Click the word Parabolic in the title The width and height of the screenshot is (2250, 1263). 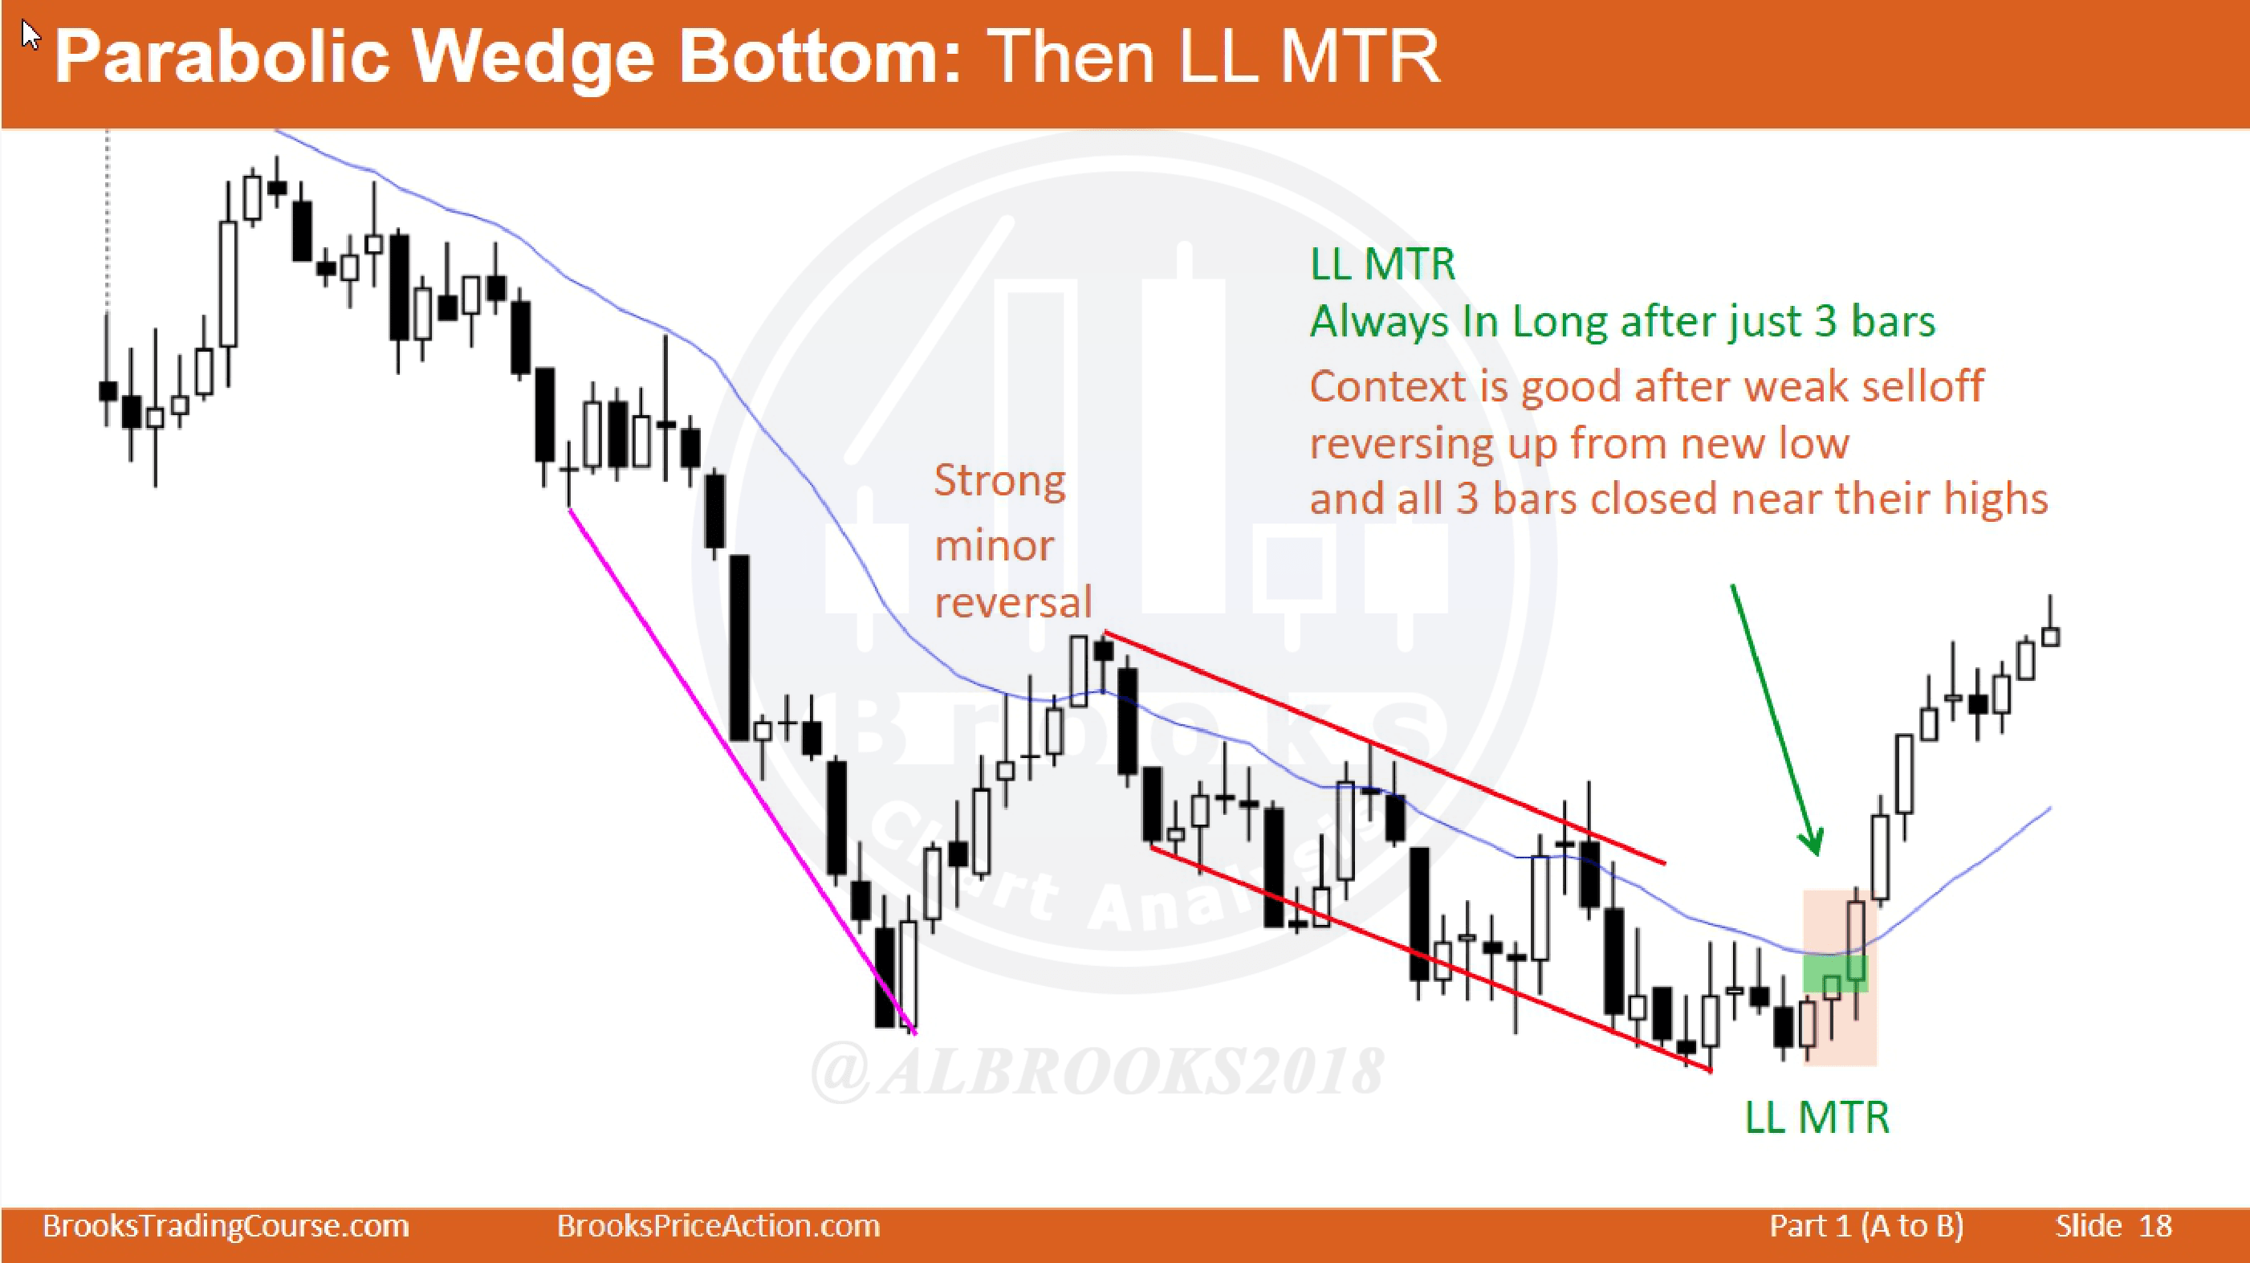coord(222,57)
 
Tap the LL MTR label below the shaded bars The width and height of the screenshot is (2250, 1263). coord(1817,1117)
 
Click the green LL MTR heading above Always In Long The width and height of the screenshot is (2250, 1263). coord(1382,264)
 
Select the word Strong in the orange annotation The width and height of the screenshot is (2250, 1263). coord(1000,480)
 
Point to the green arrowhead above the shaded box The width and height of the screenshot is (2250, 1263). coord(1813,843)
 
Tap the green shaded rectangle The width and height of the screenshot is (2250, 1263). coord(1835,973)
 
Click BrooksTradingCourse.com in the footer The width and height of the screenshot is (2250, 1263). coord(226,1226)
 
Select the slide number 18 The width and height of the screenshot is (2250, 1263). coord(2154,1226)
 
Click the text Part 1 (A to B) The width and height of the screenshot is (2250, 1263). coord(1866,1226)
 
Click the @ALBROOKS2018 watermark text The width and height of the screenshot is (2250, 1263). coord(1097,1072)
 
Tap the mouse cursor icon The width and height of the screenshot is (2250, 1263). coord(31,37)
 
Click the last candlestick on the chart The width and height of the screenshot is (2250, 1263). coord(2051,636)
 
